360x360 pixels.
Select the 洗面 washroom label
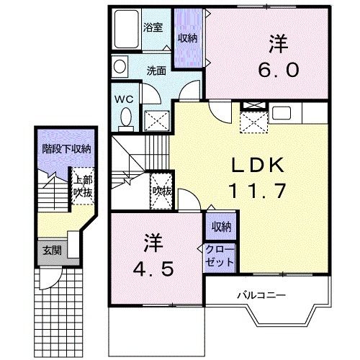tap(156, 71)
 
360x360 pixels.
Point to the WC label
tap(123, 95)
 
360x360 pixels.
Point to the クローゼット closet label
tap(220, 256)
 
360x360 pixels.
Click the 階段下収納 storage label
tap(66, 149)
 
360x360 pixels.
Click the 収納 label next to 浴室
tap(188, 37)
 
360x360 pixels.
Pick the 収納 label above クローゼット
tap(220, 228)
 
